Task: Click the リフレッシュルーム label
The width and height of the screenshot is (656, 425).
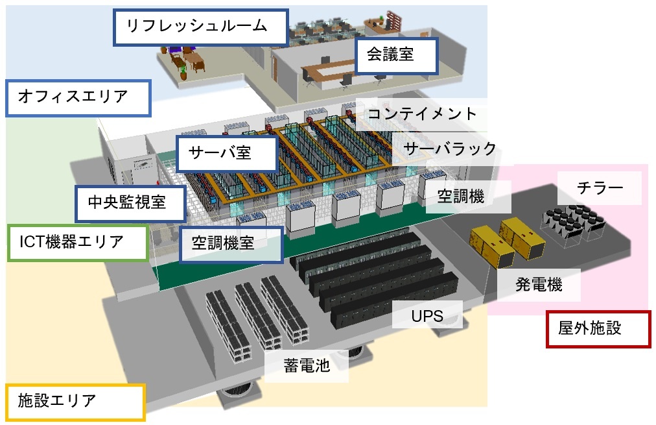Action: point(200,27)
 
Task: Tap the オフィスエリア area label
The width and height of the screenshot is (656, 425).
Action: point(78,98)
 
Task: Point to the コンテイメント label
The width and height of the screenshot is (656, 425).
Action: point(421,114)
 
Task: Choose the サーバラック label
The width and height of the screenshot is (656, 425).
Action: point(450,149)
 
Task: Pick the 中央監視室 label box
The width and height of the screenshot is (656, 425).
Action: point(130,202)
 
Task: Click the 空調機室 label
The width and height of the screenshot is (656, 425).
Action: point(231,244)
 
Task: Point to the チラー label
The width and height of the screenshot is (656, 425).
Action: point(600,188)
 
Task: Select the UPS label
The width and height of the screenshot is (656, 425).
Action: point(427,317)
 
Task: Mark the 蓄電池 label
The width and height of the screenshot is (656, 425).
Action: point(307,366)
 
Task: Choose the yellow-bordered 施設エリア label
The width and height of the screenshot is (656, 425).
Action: point(75,401)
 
